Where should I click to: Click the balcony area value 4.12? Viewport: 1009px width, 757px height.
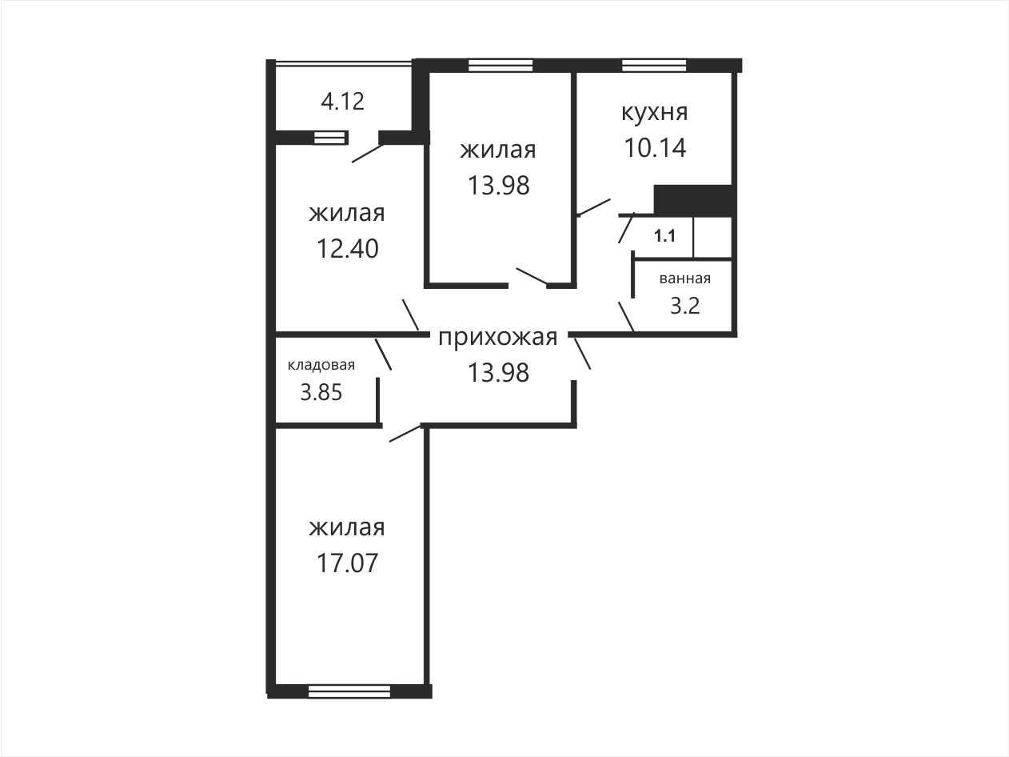pos(342,102)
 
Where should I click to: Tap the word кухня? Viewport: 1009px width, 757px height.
pos(655,113)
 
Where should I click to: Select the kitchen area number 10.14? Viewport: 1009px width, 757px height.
pos(655,148)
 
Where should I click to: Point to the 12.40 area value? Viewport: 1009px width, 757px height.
pos(348,249)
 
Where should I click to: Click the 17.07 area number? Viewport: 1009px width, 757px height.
pos(348,563)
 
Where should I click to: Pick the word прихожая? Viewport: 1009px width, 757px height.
pos(498,338)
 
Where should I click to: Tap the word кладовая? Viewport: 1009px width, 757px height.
pos(321,365)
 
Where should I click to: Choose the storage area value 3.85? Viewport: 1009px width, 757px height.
pos(321,393)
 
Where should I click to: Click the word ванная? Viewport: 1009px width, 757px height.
pos(685,278)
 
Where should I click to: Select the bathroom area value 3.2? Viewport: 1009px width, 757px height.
pos(685,306)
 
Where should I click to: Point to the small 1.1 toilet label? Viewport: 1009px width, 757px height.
pos(664,236)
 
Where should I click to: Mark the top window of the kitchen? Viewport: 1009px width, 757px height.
pos(654,66)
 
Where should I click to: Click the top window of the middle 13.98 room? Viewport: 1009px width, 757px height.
pos(501,66)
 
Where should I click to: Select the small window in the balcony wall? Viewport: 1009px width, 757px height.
pos(329,138)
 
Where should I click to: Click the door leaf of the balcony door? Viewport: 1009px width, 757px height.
pos(367,154)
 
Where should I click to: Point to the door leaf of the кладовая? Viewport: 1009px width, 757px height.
pos(383,354)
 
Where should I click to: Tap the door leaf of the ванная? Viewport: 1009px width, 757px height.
pos(626,316)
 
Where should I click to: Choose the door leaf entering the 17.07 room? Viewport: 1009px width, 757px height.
pos(405,434)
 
